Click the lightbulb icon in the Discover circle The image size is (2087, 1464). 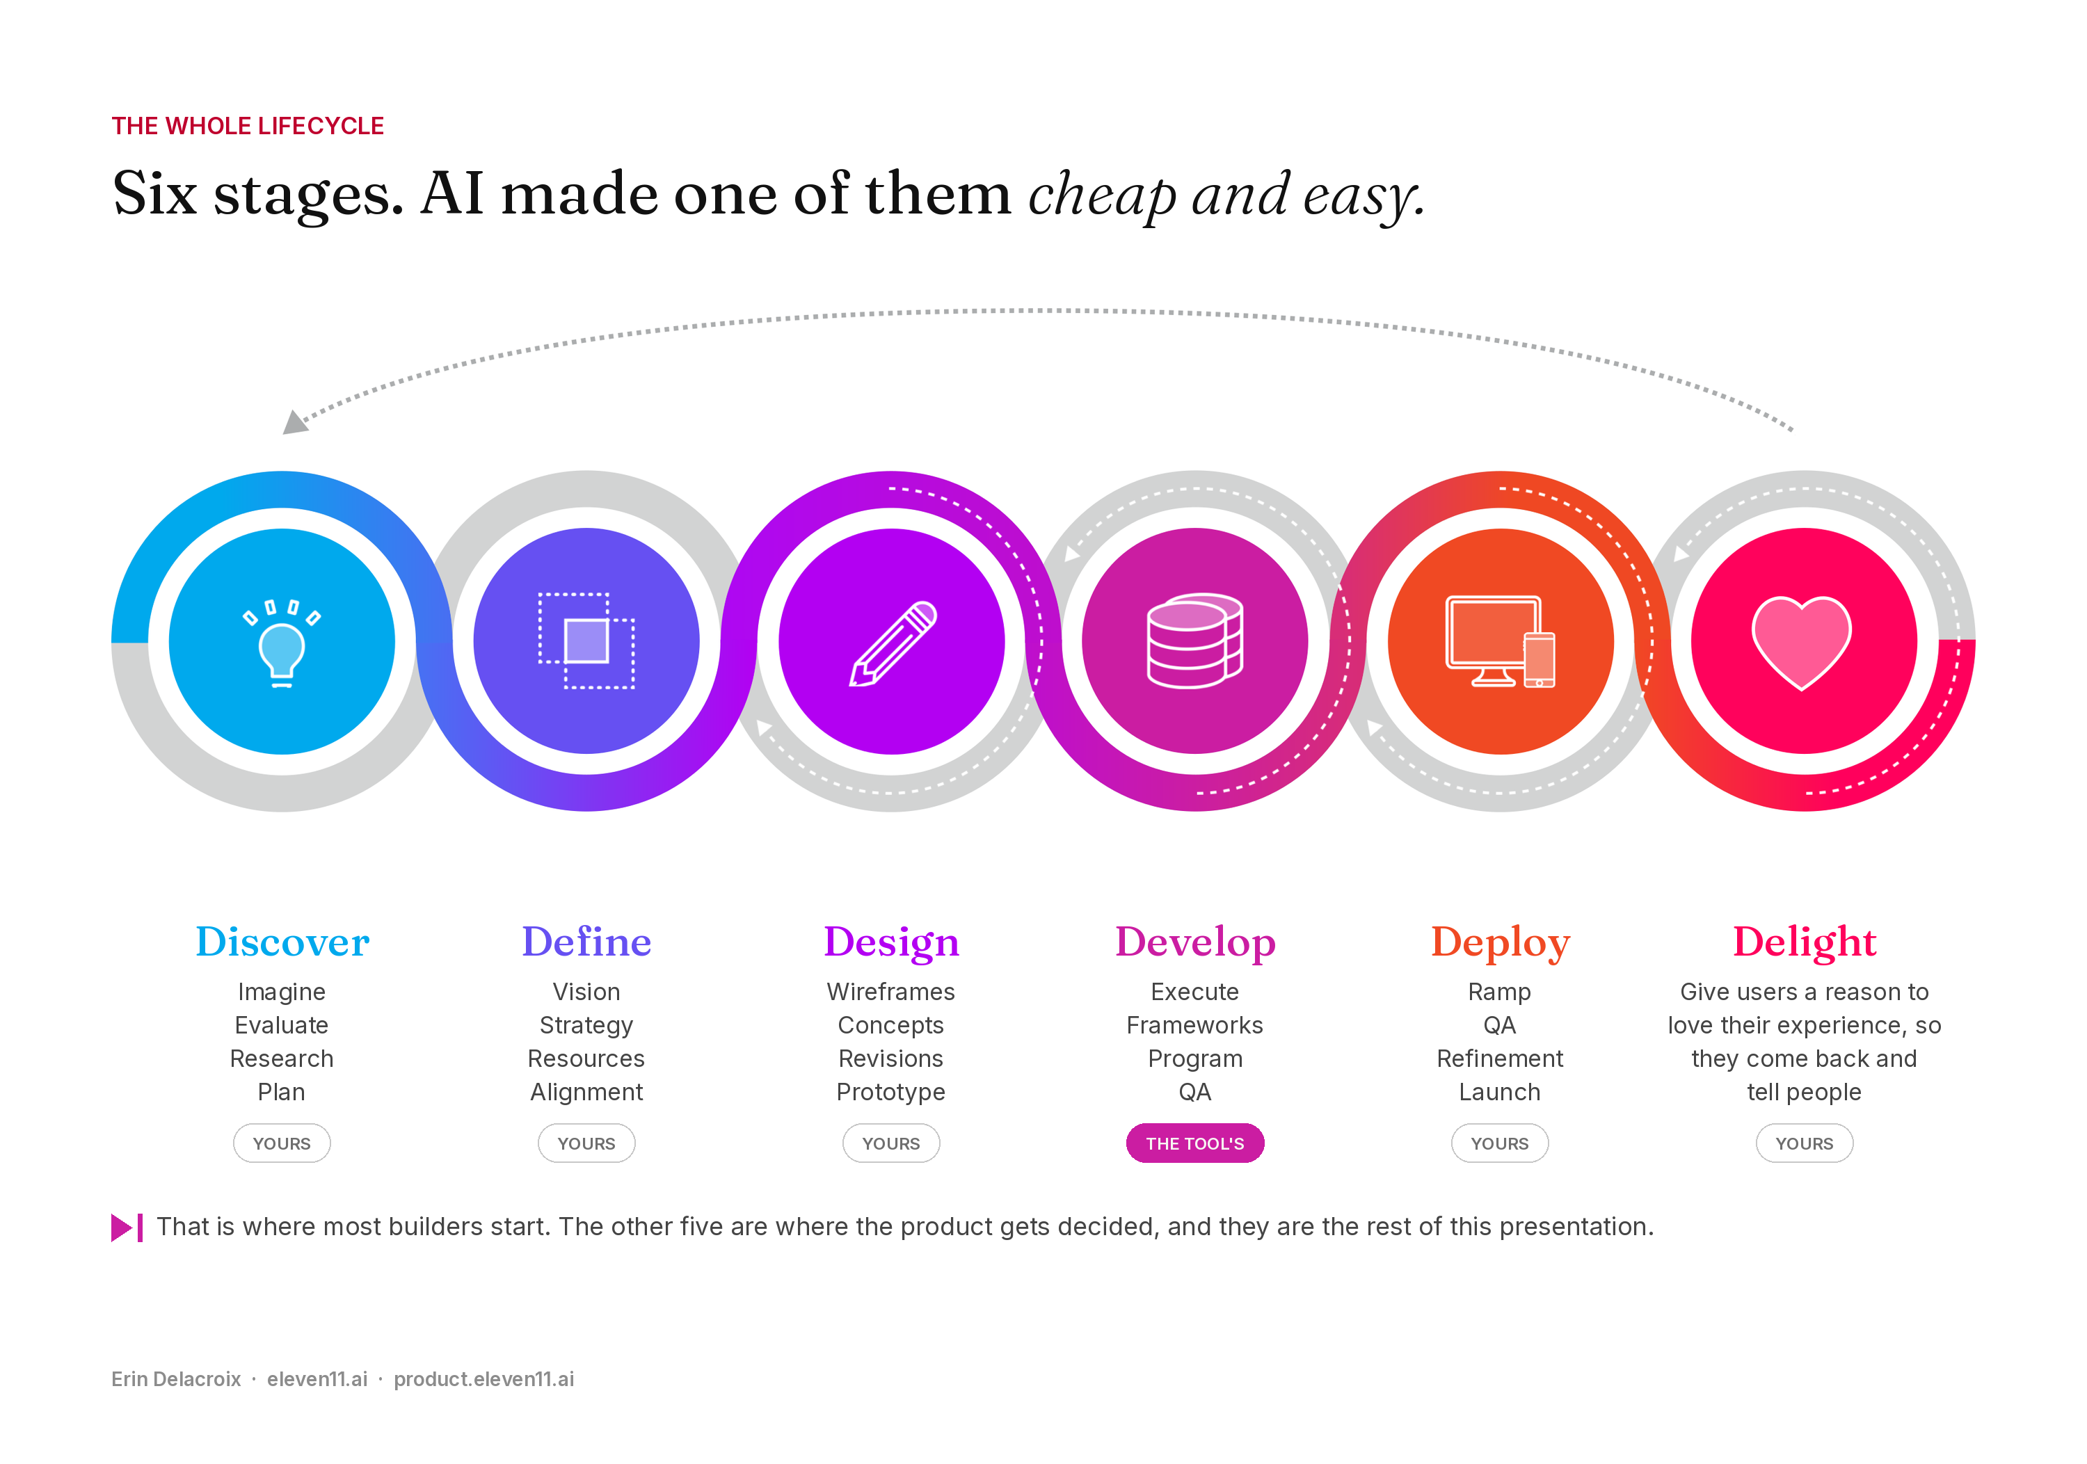[282, 643]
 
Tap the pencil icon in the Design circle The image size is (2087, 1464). [893, 643]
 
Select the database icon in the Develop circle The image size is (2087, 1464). [1194, 641]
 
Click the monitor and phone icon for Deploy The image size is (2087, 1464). [1500, 641]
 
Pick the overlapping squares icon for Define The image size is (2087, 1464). [586, 641]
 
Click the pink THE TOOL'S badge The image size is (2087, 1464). [1194, 1143]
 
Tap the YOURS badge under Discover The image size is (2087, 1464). [282, 1143]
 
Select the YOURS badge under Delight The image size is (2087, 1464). [1805, 1143]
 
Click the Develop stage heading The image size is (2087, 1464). [1195, 942]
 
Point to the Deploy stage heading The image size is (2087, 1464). [1500, 942]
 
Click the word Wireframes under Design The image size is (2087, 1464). [890, 992]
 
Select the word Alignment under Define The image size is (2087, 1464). [586, 1093]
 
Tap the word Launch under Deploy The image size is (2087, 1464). [1500, 1093]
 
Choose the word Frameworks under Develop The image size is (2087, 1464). [1194, 1025]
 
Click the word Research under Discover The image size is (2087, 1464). [282, 1059]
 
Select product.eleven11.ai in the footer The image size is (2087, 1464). [483, 1379]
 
